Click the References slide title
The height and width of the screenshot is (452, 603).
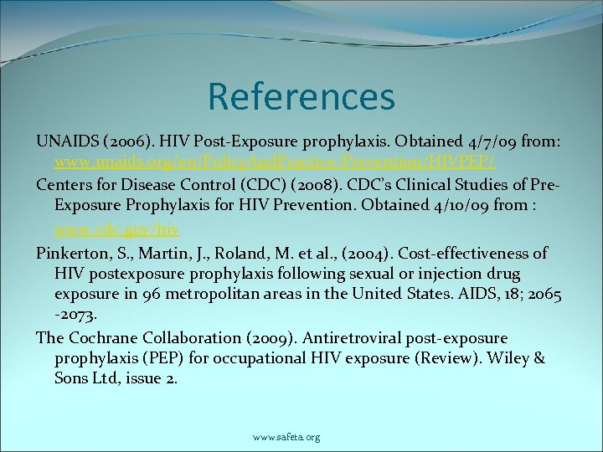(x=301, y=95)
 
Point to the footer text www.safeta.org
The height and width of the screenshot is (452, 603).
(x=286, y=437)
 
